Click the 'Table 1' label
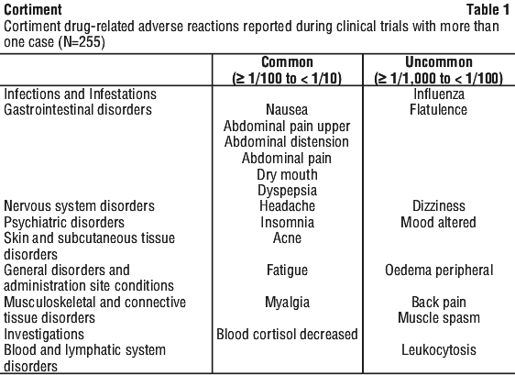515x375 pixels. tap(488, 9)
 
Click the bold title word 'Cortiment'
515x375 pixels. tap(32, 9)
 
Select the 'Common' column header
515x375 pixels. tap(287, 62)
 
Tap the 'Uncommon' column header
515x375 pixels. tap(438, 62)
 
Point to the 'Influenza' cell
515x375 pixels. tap(439, 94)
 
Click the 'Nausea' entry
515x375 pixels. tap(287, 110)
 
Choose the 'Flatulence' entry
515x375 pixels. tap(438, 110)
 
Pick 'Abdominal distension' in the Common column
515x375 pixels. tap(287, 142)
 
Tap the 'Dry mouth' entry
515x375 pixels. tap(287, 174)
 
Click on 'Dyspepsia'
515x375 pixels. tap(287, 191)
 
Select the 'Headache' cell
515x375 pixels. tap(287, 206)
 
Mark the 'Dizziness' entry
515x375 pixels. tap(439, 206)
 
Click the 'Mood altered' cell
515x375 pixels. tap(438, 223)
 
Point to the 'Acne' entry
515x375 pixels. tap(287, 238)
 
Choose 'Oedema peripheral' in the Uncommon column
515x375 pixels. tap(439, 270)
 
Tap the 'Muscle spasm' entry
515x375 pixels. tap(439, 318)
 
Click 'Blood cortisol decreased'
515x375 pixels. tap(287, 335)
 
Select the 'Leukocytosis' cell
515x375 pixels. tap(439, 350)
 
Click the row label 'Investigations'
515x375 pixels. tap(44, 335)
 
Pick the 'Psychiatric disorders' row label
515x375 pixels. tap(64, 223)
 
